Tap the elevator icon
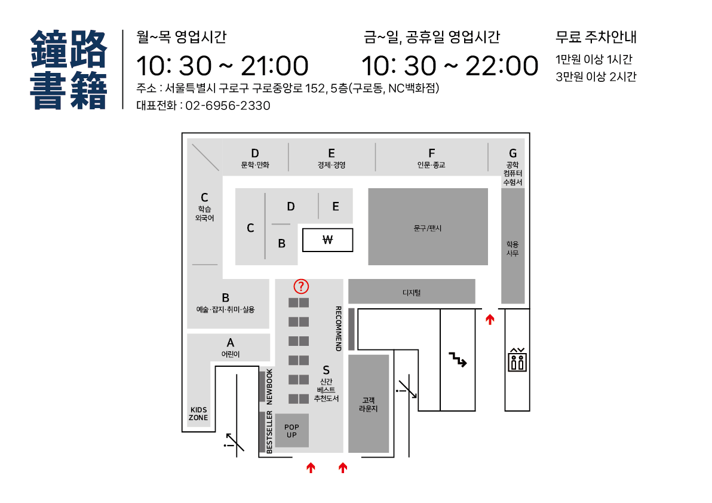[x=517, y=360]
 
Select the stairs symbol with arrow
[x=458, y=359]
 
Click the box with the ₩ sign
[x=327, y=240]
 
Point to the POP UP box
[x=291, y=431]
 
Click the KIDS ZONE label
[x=198, y=413]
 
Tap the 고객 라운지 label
[x=369, y=404]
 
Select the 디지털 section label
[x=412, y=292]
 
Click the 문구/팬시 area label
[x=428, y=228]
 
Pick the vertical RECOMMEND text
[x=338, y=329]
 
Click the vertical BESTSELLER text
[x=269, y=432]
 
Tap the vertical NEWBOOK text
[x=269, y=387]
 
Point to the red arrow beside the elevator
[x=490, y=320]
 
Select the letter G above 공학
[x=512, y=154]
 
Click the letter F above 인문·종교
[x=431, y=154]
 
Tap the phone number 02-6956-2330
[x=228, y=106]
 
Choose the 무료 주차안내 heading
[x=596, y=37]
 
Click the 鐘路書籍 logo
[x=69, y=69]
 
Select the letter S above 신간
[x=326, y=370]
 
